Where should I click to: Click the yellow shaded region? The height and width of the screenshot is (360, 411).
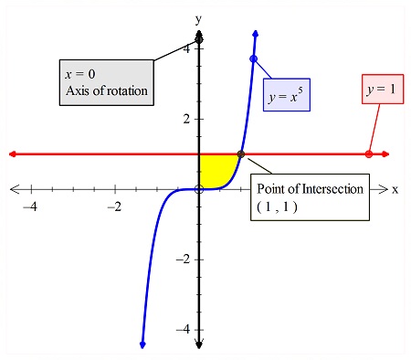point(214,170)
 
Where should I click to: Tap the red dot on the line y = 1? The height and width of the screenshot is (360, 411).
point(368,154)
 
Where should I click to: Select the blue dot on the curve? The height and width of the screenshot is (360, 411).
point(253,59)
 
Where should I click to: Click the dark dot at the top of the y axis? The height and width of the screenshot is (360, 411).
point(198,40)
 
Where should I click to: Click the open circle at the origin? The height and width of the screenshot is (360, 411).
point(198,189)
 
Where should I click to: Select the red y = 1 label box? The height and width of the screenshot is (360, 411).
point(380,90)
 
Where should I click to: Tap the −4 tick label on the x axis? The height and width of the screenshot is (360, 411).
point(30,206)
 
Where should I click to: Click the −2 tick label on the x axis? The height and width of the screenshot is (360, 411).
point(114,206)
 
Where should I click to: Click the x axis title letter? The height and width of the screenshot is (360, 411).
point(395,190)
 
